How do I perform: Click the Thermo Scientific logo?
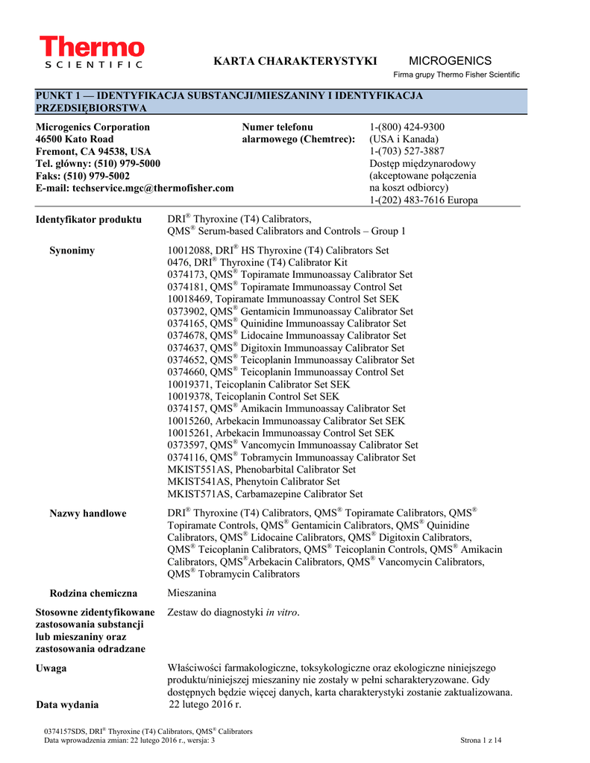[x=92, y=53]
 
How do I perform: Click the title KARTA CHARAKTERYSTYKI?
[x=295, y=61]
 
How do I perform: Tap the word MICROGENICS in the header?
[x=451, y=61]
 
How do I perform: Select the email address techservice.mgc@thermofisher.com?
[x=153, y=189]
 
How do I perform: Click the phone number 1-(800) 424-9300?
[x=407, y=127]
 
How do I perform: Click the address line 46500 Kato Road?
[x=75, y=139]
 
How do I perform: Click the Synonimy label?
[x=72, y=250]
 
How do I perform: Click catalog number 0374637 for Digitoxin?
[x=186, y=348]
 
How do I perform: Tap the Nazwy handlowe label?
[x=88, y=513]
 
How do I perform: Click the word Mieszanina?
[x=192, y=593]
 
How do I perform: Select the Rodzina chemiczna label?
[x=93, y=593]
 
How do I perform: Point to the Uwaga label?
[x=51, y=668]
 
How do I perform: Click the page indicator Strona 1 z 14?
[x=482, y=740]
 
